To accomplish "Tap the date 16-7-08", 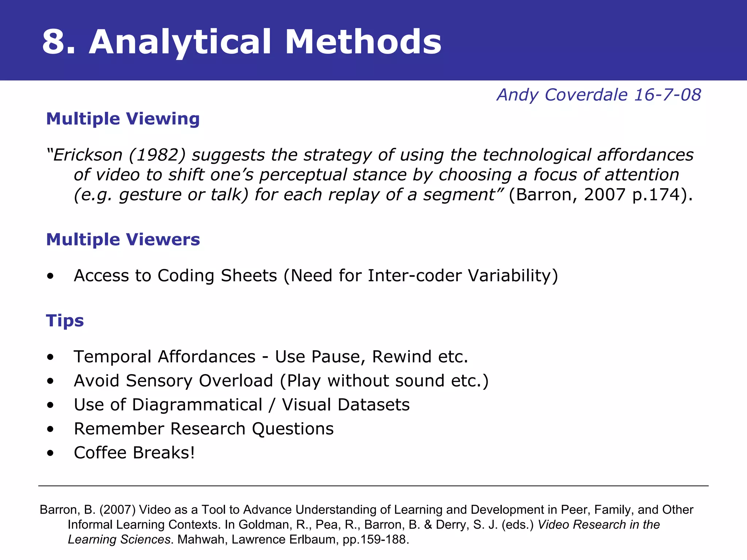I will tap(667, 95).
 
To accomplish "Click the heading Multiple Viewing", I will tap(123, 119).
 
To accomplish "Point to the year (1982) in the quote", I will tap(157, 155).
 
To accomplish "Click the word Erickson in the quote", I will tap(88, 155).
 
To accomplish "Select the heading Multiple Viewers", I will tap(123, 240).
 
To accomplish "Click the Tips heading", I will tap(65, 321).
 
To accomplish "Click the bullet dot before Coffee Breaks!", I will tap(50, 453).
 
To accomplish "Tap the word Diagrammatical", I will tap(197, 405).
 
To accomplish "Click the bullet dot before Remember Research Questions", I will tap(50, 429).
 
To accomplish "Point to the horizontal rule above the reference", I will tap(373, 486).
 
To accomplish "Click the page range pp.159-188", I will tap(376, 540).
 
